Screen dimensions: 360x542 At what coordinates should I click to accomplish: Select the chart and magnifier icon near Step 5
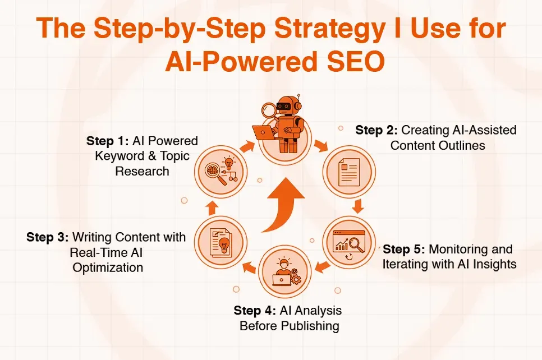pos(347,241)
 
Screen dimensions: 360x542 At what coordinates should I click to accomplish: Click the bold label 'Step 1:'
pos(108,140)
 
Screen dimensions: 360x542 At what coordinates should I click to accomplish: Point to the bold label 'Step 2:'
pos(377,130)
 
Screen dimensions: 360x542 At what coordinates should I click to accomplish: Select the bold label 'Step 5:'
pos(404,249)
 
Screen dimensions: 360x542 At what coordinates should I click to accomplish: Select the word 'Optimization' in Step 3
pos(108,267)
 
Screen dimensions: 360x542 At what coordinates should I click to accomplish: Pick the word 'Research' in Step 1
pos(142,171)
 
